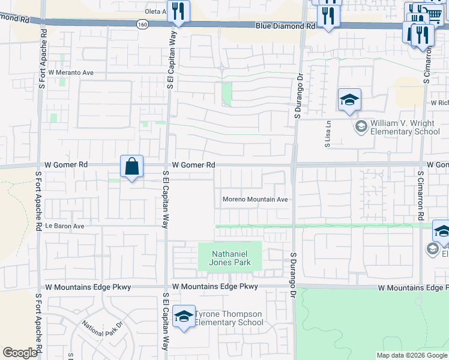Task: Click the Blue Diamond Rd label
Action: click(285, 26)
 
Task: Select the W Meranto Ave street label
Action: click(71, 72)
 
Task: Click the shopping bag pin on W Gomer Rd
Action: click(131, 166)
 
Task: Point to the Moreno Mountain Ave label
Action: click(256, 199)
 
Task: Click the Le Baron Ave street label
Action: click(65, 226)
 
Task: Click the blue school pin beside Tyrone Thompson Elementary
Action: click(184, 316)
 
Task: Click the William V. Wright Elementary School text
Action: click(405, 127)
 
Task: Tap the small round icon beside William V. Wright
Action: click(361, 126)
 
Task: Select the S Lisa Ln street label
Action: click(328, 138)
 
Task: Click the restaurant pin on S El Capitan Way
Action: click(178, 11)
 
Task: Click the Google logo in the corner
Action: click(20, 353)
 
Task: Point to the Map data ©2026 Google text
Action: click(412, 355)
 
